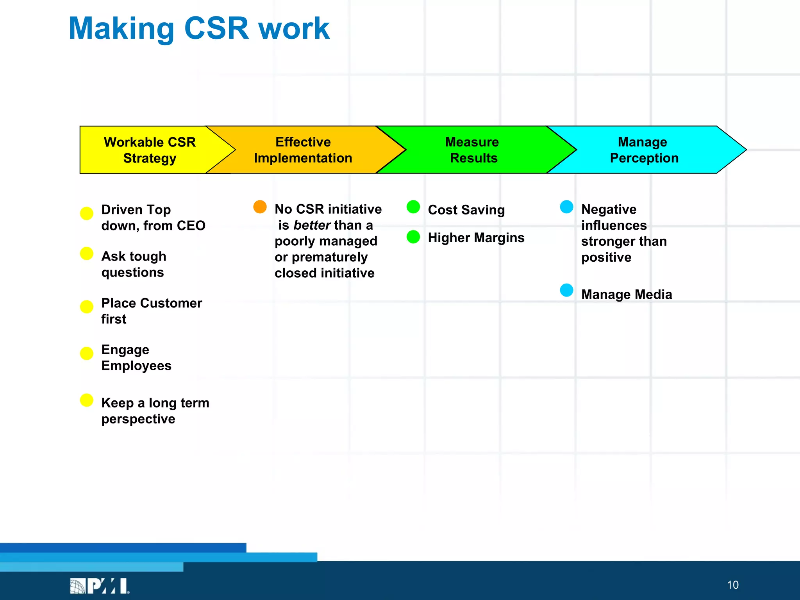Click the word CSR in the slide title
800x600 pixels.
click(216, 29)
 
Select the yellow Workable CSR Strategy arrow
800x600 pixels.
click(150, 150)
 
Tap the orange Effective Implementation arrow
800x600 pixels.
click(303, 150)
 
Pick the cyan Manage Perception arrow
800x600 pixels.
click(644, 150)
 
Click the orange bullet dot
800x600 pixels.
click(260, 207)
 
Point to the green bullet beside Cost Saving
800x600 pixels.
click(413, 207)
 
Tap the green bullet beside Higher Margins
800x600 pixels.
click(413, 237)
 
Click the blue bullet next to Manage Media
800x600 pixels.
click(566, 290)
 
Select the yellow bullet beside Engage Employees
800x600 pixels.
click(86, 353)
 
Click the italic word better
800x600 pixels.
click(312, 225)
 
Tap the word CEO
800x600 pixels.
click(191, 226)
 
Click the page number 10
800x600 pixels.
click(732, 585)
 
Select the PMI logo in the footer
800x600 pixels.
click(100, 586)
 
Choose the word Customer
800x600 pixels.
click(171, 303)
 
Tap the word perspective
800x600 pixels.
click(138, 419)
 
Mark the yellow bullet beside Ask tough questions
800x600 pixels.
click(86, 253)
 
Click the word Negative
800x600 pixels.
click(609, 209)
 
